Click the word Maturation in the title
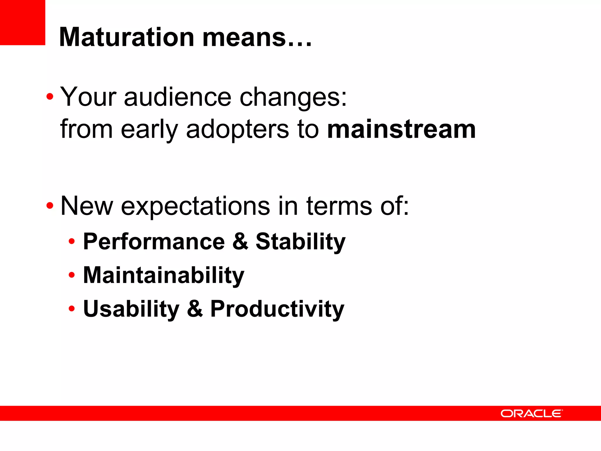[127, 37]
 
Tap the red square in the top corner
[22, 22]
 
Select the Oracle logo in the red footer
[531, 413]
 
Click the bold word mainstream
[401, 129]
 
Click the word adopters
[237, 130]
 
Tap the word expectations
[195, 206]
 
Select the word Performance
[154, 241]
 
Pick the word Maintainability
[163, 275]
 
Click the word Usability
[131, 309]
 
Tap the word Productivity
[277, 309]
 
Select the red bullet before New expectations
[50, 206]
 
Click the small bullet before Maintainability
[72, 275]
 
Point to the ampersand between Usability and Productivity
[195, 309]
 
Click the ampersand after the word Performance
[240, 241]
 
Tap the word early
[149, 130]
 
